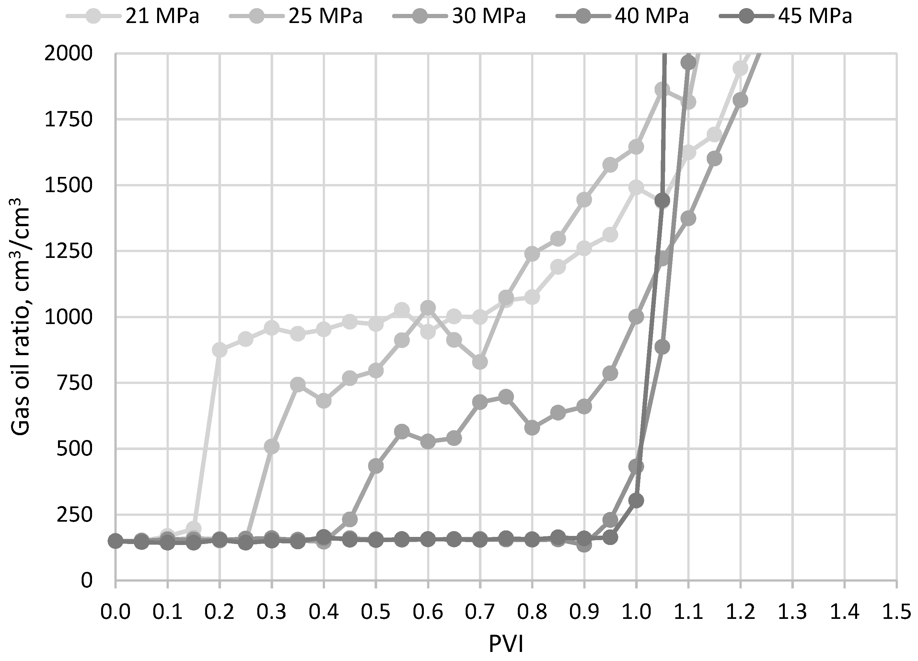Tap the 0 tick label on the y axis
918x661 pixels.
(87, 580)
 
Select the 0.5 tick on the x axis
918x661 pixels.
(376, 612)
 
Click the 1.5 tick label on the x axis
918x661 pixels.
(897, 612)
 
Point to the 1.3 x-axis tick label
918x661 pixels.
(793, 612)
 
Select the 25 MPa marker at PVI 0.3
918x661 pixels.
(272, 446)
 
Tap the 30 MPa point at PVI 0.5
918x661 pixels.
(376, 466)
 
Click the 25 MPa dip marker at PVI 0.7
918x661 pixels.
(480, 362)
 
